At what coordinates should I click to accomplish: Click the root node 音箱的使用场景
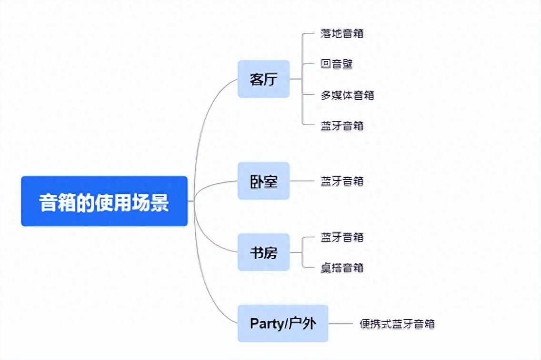click(104, 201)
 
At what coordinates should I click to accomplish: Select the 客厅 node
click(263, 79)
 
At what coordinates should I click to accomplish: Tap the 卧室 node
click(263, 181)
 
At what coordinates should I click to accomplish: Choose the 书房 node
click(263, 252)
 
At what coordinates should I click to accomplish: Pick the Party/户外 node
click(283, 323)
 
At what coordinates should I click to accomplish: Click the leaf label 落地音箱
click(342, 34)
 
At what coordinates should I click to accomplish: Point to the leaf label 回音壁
click(337, 64)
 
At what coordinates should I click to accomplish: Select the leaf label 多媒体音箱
click(348, 95)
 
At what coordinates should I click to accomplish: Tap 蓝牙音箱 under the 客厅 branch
click(342, 126)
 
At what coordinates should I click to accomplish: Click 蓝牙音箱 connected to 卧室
click(342, 181)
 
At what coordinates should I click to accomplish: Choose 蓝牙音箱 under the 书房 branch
click(342, 237)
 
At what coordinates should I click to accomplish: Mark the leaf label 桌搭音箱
click(342, 268)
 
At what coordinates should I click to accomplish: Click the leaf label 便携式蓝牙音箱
click(397, 324)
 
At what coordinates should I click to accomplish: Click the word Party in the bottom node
click(267, 323)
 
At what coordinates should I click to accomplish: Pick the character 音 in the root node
click(47, 202)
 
